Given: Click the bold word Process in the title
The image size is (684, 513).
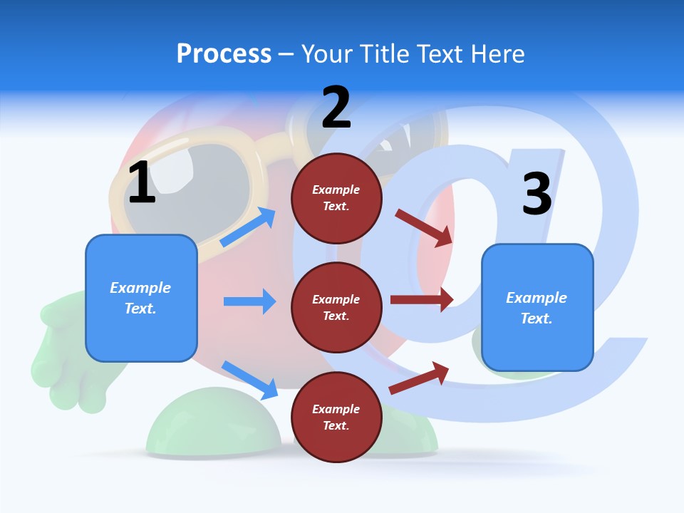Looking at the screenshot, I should click(224, 53).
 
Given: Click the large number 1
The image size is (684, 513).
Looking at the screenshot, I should click(142, 183).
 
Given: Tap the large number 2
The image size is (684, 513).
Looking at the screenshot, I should click(336, 108).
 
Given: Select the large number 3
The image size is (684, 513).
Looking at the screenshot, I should click(537, 195).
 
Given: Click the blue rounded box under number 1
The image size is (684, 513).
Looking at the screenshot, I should click(141, 298).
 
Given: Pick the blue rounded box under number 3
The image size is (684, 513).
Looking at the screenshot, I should click(537, 307).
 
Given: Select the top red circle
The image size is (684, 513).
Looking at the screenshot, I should click(336, 198).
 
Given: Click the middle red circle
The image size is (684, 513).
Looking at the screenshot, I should click(336, 307).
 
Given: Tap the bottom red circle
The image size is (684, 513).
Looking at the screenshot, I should click(336, 417).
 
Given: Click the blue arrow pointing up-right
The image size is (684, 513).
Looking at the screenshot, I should click(248, 227).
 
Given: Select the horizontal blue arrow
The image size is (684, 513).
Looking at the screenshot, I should click(249, 301).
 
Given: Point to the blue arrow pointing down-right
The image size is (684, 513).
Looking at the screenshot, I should click(249, 380).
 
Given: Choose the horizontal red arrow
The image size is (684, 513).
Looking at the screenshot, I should click(422, 299).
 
